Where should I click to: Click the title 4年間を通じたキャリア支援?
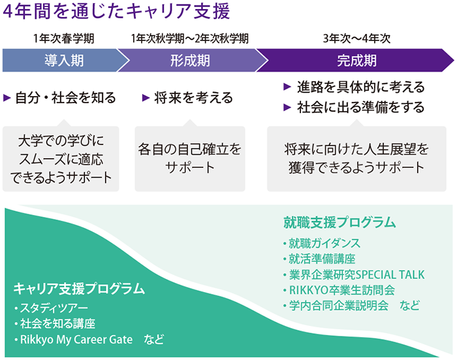(116, 12)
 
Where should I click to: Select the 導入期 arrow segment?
(65, 60)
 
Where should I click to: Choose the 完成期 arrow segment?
(356, 60)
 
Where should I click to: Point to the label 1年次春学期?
(63, 39)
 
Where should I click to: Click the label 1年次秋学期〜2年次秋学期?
(190, 39)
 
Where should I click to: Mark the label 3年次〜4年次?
(356, 39)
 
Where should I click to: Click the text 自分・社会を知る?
(65, 97)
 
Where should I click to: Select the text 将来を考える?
(193, 97)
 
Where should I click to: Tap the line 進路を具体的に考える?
(361, 87)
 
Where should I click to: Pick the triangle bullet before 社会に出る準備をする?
(287, 107)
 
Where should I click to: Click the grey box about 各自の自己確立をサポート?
(190, 159)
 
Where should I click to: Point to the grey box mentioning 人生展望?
(356, 159)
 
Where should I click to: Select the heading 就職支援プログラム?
(340, 222)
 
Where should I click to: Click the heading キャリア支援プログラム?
(79, 288)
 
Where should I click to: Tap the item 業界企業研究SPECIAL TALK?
(356, 274)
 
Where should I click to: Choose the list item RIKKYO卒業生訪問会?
(342, 290)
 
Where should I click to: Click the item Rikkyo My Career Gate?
(76, 339)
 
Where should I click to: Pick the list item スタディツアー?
(54, 308)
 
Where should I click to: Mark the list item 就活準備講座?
(322, 259)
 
